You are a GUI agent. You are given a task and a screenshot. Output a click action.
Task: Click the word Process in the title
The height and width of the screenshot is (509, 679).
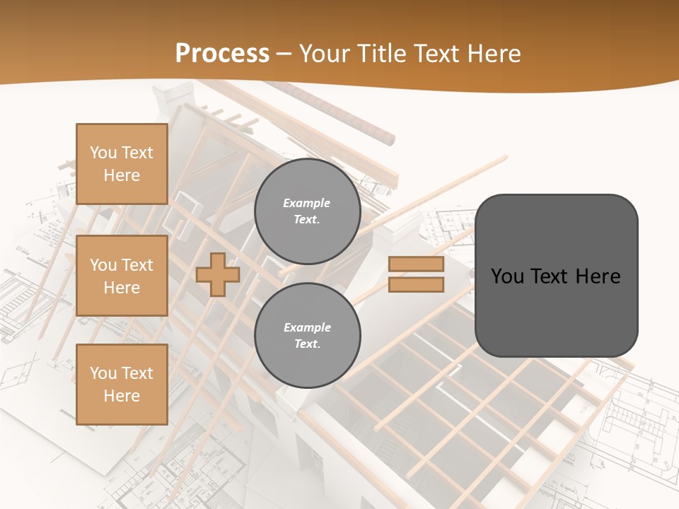[x=222, y=54]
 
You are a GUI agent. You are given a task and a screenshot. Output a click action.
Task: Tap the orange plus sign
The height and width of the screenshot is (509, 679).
[x=218, y=274]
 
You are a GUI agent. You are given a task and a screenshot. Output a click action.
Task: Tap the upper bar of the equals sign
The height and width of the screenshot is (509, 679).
[x=416, y=264]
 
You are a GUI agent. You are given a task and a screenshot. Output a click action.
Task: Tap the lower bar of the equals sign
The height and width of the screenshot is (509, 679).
[x=416, y=284]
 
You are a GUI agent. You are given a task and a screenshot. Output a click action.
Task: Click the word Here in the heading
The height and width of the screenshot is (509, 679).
[x=494, y=54]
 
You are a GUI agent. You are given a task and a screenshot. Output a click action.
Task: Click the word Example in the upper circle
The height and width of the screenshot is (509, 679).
[x=306, y=203]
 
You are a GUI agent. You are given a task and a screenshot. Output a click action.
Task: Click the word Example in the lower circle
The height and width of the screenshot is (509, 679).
[x=307, y=327]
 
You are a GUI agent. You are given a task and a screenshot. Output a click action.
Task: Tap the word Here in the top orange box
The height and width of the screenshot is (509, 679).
[x=122, y=175]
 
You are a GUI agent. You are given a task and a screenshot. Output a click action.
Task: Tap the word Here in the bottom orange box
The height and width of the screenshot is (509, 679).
[x=122, y=396]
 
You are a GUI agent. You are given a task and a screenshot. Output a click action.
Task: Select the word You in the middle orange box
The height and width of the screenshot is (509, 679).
[x=103, y=265]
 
